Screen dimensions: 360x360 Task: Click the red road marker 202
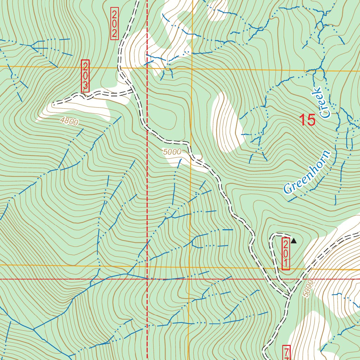[x=114, y=24]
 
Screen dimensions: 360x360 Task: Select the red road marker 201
[x=286, y=253]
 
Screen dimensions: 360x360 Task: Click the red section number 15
[x=307, y=120]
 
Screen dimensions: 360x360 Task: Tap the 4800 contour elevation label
[x=69, y=122]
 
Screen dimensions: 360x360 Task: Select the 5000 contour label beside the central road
[x=172, y=152]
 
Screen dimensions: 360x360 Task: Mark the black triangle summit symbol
[x=294, y=241]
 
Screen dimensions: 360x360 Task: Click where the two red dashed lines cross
[x=147, y=279]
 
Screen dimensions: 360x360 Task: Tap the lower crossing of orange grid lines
[x=189, y=267]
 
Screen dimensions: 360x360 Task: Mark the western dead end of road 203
[x=54, y=104]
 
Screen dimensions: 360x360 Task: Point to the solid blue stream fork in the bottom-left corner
[x=34, y=329]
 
